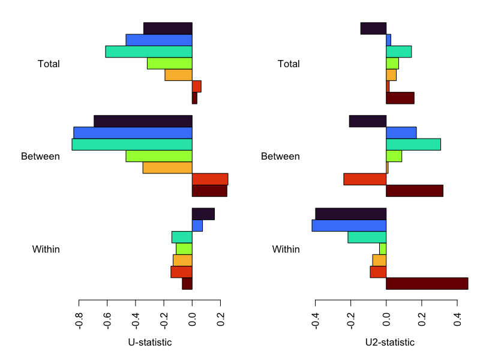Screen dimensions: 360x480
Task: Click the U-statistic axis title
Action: click(x=150, y=343)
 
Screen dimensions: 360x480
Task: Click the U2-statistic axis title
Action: click(x=389, y=343)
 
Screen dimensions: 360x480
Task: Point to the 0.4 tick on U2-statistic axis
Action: click(x=457, y=318)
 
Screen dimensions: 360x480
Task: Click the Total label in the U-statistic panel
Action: click(x=49, y=64)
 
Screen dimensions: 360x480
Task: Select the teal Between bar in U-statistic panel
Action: click(x=132, y=145)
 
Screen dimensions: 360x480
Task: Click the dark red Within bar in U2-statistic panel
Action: click(x=427, y=284)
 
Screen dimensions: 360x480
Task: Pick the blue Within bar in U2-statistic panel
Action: click(x=349, y=226)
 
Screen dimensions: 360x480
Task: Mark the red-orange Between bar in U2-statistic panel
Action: click(x=365, y=179)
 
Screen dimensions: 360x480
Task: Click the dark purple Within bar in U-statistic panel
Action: click(x=203, y=214)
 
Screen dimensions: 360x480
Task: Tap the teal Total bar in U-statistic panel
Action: click(x=149, y=52)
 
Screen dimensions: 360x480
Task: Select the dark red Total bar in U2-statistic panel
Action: click(x=400, y=98)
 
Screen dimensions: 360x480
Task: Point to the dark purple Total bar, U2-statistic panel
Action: click(x=373, y=28)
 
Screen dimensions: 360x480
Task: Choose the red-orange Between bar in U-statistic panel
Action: click(x=210, y=179)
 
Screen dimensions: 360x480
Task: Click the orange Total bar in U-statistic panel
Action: click(x=178, y=75)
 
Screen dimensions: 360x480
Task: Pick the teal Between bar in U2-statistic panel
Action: click(x=413, y=145)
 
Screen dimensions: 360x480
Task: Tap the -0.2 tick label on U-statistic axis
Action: click(x=164, y=318)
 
